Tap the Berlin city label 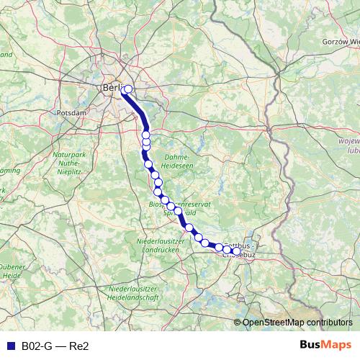[113, 88]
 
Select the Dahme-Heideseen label [176, 161]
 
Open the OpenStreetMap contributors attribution [297, 323]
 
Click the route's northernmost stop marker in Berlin [128, 90]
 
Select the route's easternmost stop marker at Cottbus [236, 251]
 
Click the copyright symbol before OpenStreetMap [238, 323]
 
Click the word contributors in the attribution [329, 323]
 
